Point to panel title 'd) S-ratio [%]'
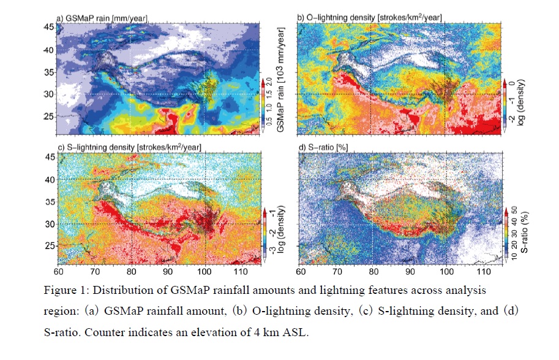coord(322,148)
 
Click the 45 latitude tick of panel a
coord(47,28)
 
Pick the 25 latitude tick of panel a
coord(47,116)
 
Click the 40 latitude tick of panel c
coord(47,180)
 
